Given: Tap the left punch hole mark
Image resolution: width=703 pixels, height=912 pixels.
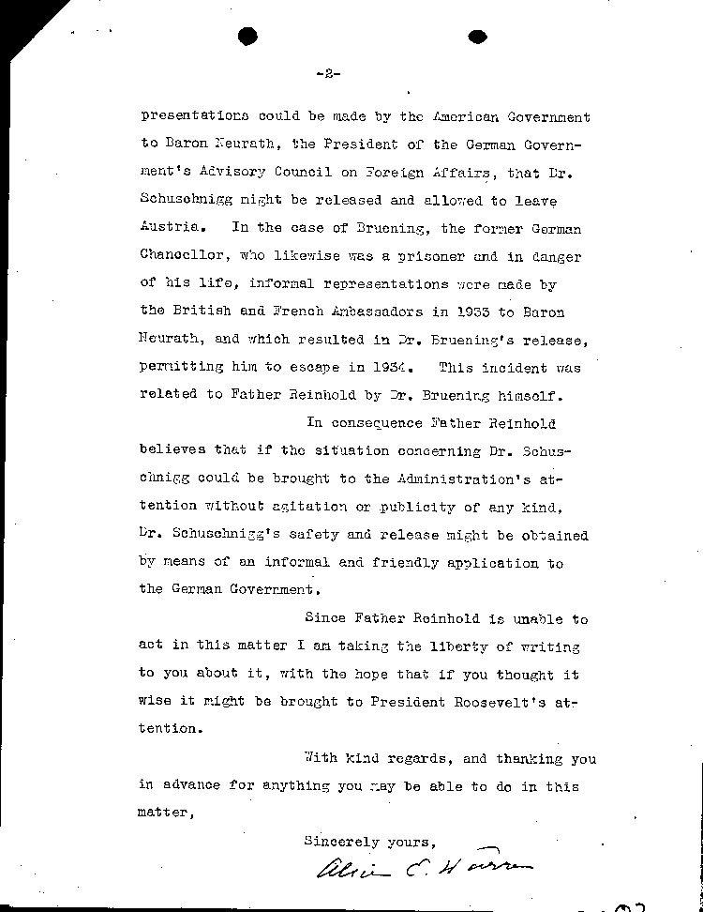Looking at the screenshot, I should pyautogui.click(x=248, y=37).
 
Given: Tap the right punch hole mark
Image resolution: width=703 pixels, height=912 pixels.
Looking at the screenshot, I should pyautogui.click(x=477, y=37).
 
